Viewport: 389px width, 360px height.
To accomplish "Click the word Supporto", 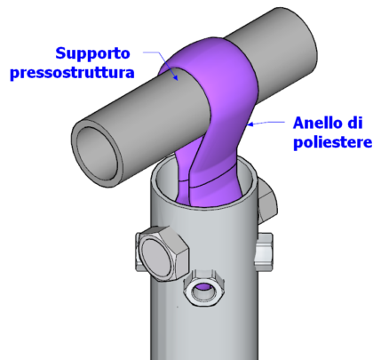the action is (x=92, y=54).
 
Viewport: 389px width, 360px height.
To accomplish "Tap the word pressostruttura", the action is (x=72, y=73).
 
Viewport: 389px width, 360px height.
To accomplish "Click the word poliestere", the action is (x=332, y=142).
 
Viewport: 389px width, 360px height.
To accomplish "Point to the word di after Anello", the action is (x=355, y=123).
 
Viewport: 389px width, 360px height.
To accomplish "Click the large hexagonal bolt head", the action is (x=163, y=253).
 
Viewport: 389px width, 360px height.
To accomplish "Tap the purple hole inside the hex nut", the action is (x=203, y=287).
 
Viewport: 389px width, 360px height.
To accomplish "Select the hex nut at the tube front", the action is (x=203, y=288).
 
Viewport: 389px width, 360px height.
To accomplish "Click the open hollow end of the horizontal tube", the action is (x=98, y=153).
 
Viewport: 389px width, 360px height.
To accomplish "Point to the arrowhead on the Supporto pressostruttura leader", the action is (x=176, y=77).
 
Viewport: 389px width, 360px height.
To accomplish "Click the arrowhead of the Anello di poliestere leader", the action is (x=250, y=124).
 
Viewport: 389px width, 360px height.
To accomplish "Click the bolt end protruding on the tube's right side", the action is (x=264, y=252).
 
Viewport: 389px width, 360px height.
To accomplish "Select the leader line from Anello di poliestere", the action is (x=266, y=122).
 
